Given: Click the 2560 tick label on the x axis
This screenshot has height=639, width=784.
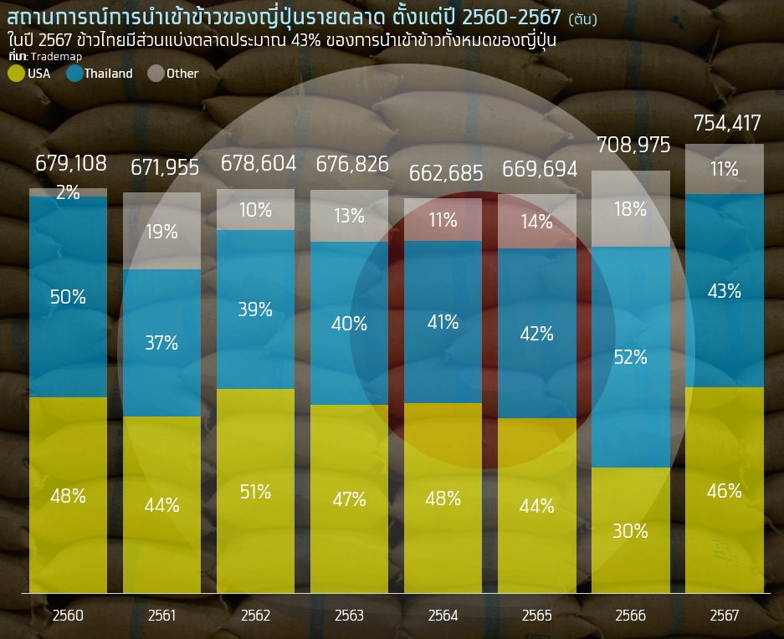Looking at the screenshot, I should click(68, 616).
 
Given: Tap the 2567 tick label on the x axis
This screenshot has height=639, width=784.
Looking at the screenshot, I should click(725, 616).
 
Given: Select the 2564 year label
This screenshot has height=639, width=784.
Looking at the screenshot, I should click(443, 616).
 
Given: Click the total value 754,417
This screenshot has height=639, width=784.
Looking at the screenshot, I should click(727, 124).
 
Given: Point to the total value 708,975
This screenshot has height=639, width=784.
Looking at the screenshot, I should click(633, 146).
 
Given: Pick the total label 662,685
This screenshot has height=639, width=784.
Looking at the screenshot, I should click(446, 174).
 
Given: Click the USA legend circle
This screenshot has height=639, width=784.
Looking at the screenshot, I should click(16, 74).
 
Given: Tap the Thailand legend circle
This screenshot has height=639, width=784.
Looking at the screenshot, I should click(74, 74).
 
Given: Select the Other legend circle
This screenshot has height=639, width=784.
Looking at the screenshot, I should click(156, 74).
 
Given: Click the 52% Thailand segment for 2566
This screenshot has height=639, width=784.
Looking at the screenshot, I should click(631, 357).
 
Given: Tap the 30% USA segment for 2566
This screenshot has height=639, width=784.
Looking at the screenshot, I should click(631, 530).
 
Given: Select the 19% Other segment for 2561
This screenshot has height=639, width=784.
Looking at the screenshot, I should click(161, 232).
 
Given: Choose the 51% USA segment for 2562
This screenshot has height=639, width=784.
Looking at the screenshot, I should click(255, 492).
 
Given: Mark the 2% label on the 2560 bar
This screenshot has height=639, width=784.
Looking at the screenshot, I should click(68, 192).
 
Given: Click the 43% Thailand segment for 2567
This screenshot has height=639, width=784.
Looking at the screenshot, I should click(725, 291).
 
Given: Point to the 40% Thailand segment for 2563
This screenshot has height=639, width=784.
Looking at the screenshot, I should click(349, 324).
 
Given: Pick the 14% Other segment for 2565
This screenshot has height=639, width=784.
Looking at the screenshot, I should click(536, 222).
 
